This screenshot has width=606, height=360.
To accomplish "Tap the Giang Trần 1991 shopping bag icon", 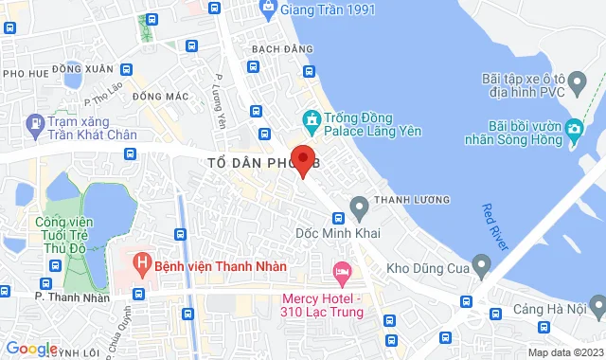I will (269, 9).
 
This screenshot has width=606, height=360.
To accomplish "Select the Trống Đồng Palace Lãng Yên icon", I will (309, 120).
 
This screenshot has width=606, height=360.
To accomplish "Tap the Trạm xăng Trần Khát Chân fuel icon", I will (35, 122).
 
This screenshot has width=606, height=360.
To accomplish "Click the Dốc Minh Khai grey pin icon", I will (359, 206).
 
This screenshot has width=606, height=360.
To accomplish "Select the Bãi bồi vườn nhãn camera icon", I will (575, 128).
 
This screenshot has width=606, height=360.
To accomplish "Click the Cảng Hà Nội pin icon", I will (597, 305).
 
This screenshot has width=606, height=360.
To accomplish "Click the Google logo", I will (30, 349).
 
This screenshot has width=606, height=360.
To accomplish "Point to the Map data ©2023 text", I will (565, 352).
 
